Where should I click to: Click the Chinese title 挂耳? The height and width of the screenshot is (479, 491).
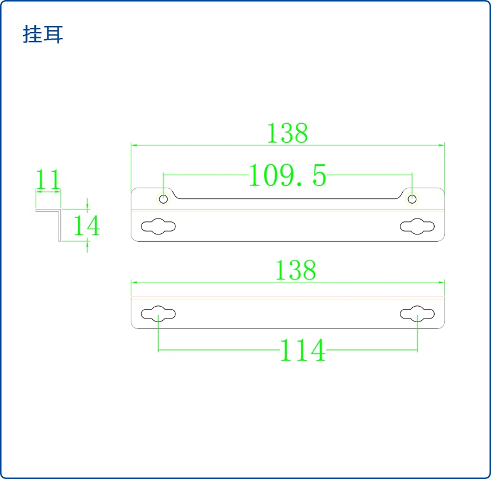[x=43, y=34]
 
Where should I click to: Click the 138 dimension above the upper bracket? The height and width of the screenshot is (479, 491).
[x=287, y=133]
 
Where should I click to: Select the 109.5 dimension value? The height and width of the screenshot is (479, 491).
[x=287, y=175]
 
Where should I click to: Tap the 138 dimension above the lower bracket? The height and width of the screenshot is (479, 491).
[x=296, y=270]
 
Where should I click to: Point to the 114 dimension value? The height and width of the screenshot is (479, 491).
[x=303, y=351]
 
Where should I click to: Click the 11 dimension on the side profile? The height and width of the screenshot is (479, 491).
[x=47, y=179]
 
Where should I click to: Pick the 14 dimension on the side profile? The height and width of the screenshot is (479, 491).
[x=86, y=226]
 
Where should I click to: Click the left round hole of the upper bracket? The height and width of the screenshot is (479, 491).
[x=163, y=199]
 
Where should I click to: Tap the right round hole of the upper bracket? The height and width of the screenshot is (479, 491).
[x=412, y=199]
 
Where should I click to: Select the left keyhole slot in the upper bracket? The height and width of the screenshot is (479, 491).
[x=159, y=226]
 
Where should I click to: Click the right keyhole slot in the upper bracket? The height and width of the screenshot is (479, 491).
[x=417, y=226]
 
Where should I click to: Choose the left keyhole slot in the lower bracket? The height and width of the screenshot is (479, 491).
[x=159, y=314]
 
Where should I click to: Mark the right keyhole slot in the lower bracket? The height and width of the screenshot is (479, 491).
[x=417, y=314]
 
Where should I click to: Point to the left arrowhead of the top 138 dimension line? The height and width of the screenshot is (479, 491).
[x=134, y=145]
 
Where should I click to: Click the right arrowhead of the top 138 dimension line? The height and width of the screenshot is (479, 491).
[x=441, y=145]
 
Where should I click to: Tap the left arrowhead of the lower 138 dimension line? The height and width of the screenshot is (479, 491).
[x=134, y=282]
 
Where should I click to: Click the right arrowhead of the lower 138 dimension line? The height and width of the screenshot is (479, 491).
[x=441, y=282]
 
